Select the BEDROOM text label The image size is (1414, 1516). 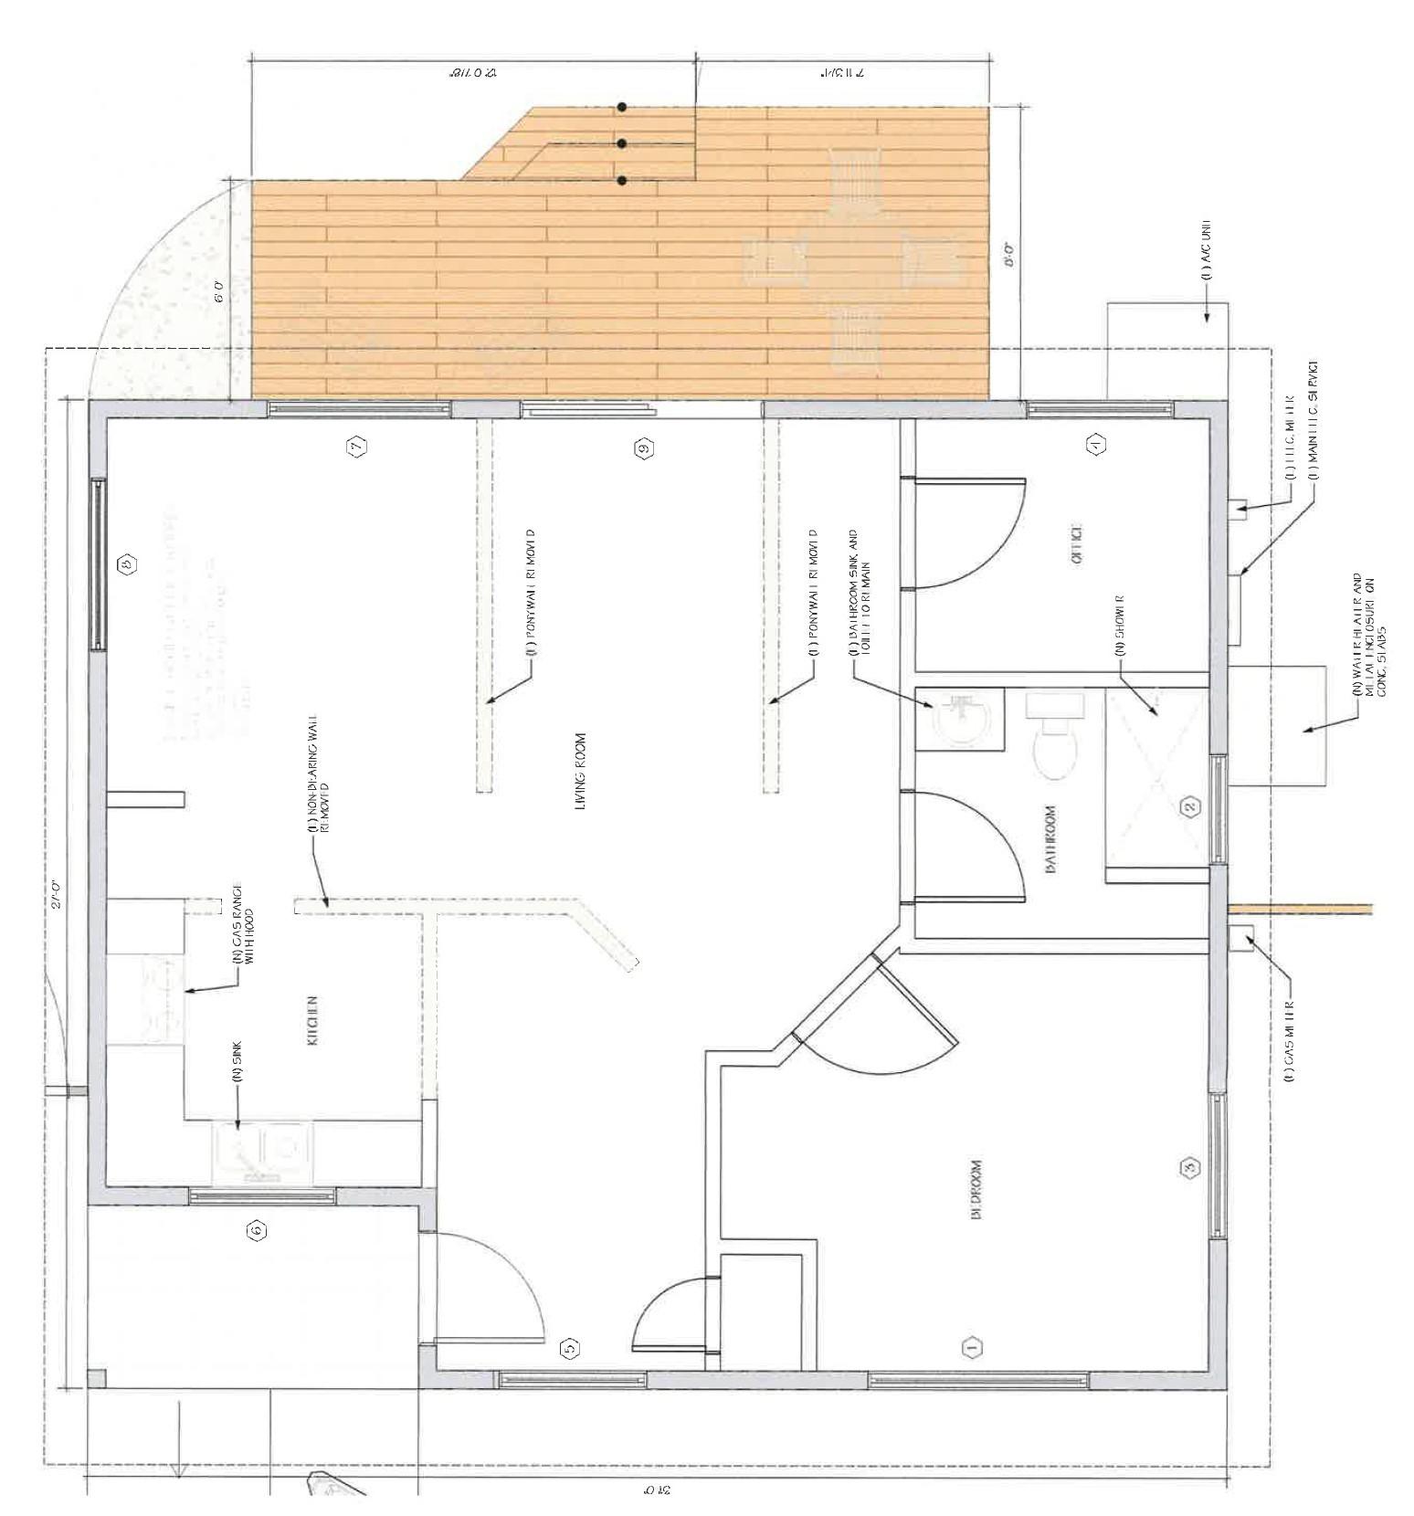coord(976,1188)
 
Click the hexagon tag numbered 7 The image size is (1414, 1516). coord(356,447)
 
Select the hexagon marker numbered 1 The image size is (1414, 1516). coord(972,1345)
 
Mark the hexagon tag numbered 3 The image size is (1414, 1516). coord(1189,1167)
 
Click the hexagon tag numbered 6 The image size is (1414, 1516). coord(258,1230)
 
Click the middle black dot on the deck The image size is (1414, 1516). coord(621,143)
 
